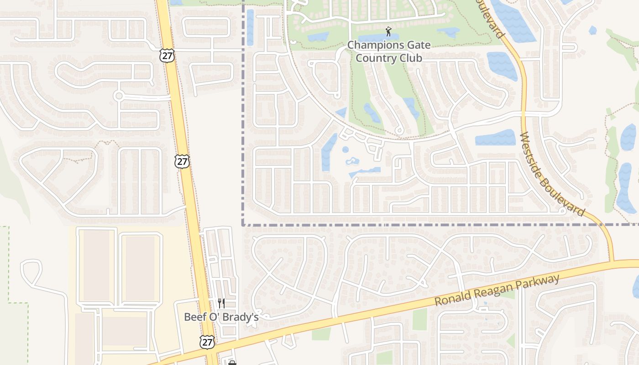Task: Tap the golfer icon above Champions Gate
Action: (388, 31)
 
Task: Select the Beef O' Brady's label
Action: (221, 317)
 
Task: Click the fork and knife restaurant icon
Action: (221, 303)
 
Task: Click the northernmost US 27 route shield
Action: (168, 56)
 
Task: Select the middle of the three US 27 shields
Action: (182, 161)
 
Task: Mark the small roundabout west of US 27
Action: (119, 96)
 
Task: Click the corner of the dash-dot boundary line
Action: (242, 224)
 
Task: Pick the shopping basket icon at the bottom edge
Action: (232, 363)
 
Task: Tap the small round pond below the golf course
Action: (345, 149)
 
